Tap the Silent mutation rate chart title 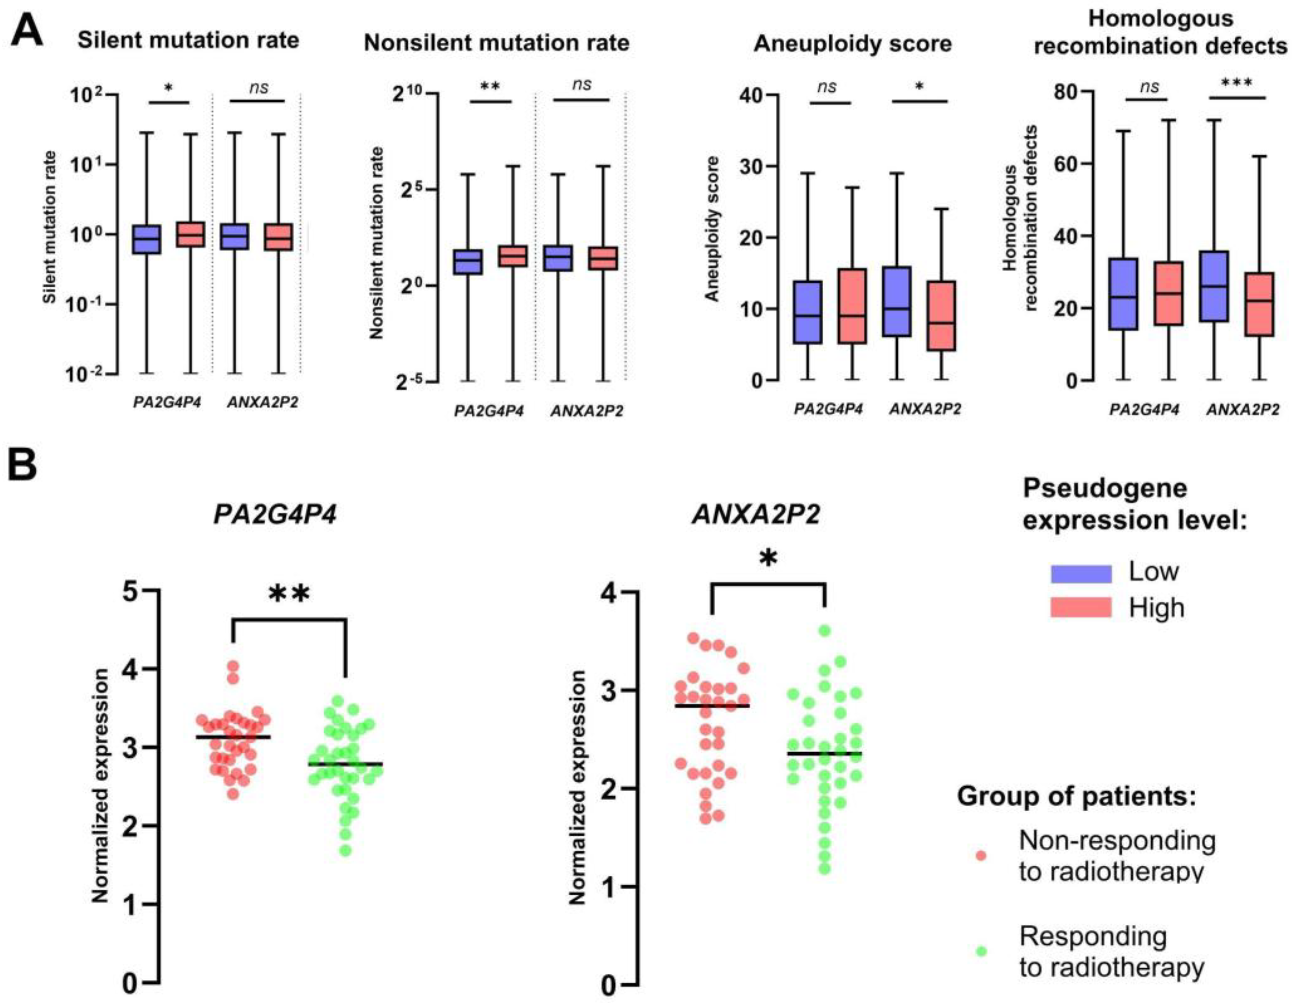pos(188,40)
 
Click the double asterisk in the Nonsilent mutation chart pos(490,87)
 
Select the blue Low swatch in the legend pos(1081,574)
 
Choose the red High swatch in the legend pos(1081,608)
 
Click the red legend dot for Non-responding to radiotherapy pos(981,856)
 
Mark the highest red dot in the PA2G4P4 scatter pos(233,666)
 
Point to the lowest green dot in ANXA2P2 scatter pos(824,869)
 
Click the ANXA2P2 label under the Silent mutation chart pos(262,403)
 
